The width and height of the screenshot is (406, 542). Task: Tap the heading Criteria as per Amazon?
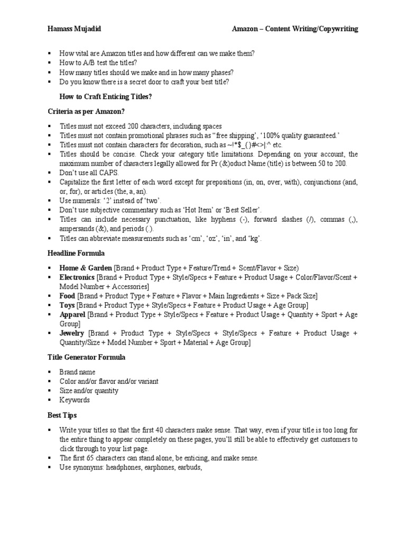(x=86, y=111)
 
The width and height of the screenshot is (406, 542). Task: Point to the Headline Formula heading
(x=76, y=254)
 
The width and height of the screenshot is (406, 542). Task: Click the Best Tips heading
(x=62, y=414)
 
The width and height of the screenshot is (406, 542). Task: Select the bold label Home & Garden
(x=86, y=268)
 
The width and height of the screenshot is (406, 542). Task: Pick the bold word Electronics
(x=77, y=277)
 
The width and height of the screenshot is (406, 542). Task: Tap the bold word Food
(x=67, y=296)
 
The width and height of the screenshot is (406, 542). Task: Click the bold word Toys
(x=67, y=305)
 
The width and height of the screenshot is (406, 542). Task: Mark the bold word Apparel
(x=72, y=314)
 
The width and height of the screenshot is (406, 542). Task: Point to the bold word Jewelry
(x=72, y=333)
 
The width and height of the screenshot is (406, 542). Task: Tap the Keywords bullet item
(x=75, y=400)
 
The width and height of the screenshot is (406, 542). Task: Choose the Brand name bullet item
(x=77, y=372)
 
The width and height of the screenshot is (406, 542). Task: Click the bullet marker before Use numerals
(x=49, y=201)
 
